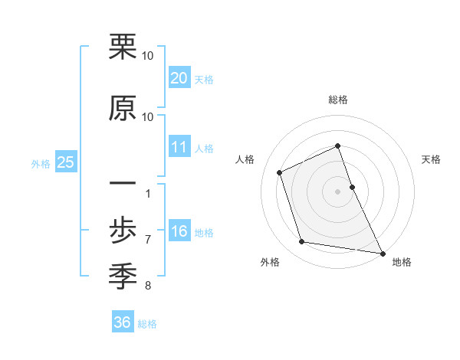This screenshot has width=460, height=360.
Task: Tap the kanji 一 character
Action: (x=123, y=184)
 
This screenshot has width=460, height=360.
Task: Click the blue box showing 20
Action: (x=179, y=78)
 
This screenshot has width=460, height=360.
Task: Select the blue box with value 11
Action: (x=179, y=147)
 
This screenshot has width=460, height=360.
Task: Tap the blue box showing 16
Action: (x=179, y=232)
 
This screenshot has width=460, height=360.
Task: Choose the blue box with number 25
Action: (x=65, y=162)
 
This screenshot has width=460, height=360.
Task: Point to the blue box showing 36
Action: (x=122, y=322)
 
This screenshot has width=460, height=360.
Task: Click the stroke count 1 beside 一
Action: (x=148, y=193)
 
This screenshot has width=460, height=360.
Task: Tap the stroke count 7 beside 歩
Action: (x=148, y=239)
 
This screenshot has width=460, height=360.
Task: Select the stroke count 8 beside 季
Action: (x=148, y=286)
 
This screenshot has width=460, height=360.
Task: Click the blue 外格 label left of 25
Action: (x=41, y=163)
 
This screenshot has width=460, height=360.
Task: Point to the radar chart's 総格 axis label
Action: (x=337, y=100)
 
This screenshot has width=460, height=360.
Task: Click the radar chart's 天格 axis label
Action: (x=431, y=159)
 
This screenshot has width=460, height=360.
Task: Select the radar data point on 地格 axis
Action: (x=381, y=252)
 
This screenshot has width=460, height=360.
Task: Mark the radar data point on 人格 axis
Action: (x=280, y=172)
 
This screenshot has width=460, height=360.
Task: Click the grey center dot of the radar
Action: (x=337, y=191)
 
